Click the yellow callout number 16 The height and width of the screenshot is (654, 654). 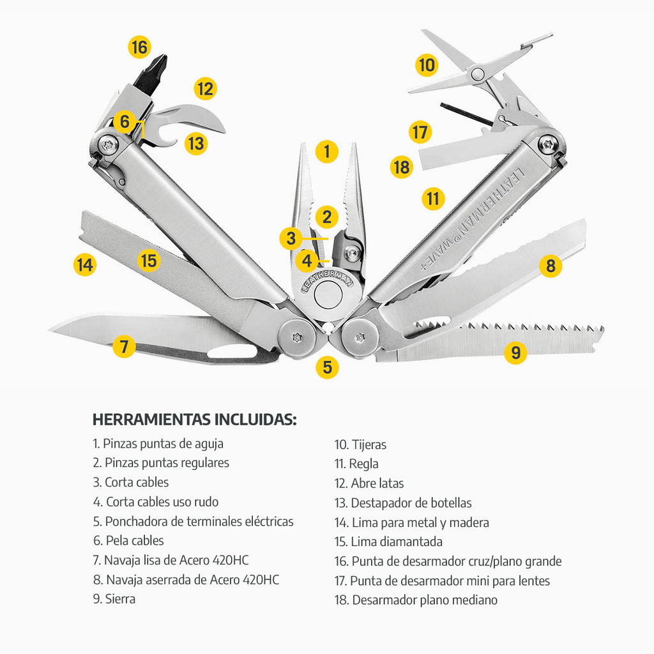[139, 47]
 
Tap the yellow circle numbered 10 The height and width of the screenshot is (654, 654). [427, 65]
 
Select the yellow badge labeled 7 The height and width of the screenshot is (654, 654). [124, 346]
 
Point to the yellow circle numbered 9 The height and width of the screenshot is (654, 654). [515, 353]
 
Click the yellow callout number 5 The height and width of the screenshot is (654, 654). [328, 367]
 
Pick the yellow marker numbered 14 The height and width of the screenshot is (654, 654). [85, 265]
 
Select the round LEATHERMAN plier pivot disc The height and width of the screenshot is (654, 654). [328, 294]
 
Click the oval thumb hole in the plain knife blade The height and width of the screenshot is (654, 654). [232, 352]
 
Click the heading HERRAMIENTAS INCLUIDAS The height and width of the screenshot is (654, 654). [194, 419]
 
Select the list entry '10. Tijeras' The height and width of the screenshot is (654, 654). [360, 445]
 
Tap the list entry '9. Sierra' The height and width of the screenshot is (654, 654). [114, 599]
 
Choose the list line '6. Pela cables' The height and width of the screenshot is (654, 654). [128, 540]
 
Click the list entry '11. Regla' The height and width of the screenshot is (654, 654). [356, 464]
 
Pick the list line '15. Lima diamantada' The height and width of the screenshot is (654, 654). [388, 542]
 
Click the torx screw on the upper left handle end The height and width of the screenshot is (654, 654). [109, 145]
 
